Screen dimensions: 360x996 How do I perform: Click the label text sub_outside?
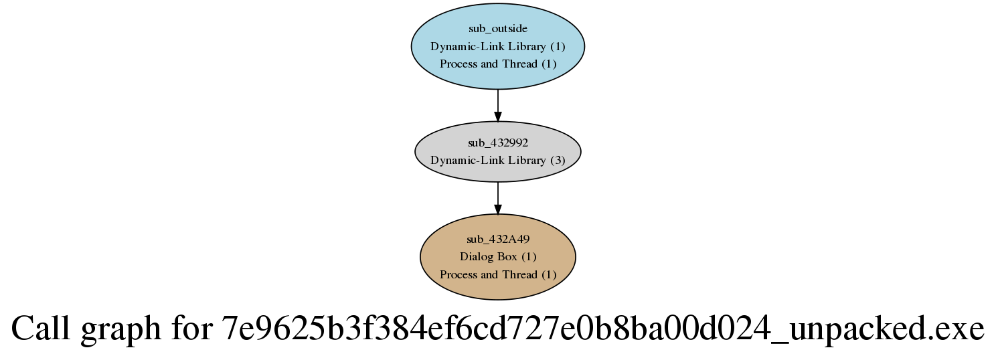(498, 29)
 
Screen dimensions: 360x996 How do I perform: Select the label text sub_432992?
(498, 143)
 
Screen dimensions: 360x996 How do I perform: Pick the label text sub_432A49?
(498, 239)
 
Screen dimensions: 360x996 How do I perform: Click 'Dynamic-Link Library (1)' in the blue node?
(498, 46)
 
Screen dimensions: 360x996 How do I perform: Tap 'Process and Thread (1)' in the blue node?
(498, 64)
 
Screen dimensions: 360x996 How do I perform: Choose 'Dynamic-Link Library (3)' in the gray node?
(498, 161)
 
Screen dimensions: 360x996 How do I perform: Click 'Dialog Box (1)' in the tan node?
(498, 257)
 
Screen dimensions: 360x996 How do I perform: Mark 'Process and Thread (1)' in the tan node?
(498, 274)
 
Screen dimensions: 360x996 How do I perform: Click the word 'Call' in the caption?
(41, 329)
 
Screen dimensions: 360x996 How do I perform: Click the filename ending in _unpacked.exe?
(602, 329)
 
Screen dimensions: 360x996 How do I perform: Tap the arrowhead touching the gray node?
(498, 116)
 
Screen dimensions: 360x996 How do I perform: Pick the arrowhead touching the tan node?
(498, 209)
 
